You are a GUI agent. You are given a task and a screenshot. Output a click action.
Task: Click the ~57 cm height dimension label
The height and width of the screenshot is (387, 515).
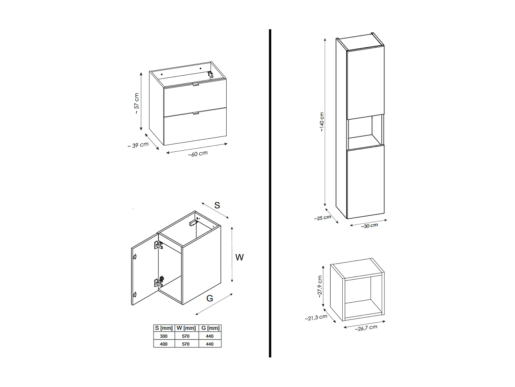(x=136, y=104)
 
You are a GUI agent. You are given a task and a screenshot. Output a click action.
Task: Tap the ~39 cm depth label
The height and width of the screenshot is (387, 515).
(x=138, y=145)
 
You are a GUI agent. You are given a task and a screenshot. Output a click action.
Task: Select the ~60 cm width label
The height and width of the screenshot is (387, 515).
(x=198, y=154)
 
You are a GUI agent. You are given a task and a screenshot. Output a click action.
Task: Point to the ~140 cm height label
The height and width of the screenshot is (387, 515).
(x=321, y=122)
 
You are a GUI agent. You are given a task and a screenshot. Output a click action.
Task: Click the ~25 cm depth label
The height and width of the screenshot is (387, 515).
(x=323, y=218)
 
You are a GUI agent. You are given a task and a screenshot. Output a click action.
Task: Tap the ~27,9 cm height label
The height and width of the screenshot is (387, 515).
(x=319, y=286)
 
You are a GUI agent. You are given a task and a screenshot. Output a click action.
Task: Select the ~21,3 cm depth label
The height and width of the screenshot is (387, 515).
(x=316, y=318)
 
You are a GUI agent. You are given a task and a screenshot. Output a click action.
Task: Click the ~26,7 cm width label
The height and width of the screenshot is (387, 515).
(x=366, y=328)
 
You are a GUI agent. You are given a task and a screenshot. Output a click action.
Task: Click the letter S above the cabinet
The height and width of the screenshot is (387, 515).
(x=217, y=205)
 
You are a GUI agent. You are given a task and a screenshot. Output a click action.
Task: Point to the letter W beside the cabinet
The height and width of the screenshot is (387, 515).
(x=239, y=257)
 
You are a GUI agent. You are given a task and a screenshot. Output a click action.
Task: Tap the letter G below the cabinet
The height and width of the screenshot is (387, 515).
(x=209, y=298)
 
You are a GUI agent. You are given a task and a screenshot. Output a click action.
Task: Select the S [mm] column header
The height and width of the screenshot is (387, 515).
(x=164, y=328)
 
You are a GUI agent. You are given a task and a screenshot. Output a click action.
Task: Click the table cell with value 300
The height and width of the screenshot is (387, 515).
(x=164, y=336)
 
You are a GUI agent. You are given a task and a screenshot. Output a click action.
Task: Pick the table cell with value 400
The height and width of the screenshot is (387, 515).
(x=164, y=344)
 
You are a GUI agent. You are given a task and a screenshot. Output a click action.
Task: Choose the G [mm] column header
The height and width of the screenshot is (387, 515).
(x=210, y=328)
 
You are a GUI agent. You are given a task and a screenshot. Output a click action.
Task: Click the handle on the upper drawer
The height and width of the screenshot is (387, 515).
(x=195, y=85)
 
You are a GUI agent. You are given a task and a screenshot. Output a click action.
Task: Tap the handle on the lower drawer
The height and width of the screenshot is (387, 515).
(x=196, y=113)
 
